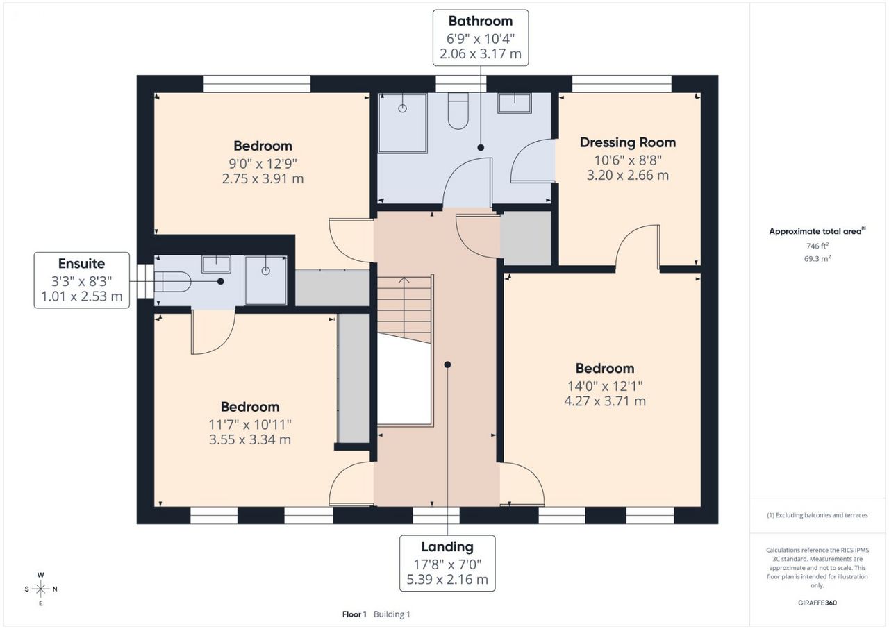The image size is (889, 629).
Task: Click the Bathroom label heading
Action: (x=480, y=21)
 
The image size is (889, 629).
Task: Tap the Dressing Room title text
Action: (x=627, y=142)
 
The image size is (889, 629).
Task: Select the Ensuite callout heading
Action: (x=81, y=263)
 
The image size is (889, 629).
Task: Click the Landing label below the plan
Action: (x=447, y=547)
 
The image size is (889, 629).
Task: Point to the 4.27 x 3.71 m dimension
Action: (x=605, y=401)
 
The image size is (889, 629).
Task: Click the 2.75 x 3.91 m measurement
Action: (x=263, y=178)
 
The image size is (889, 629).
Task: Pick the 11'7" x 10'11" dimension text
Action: (x=250, y=425)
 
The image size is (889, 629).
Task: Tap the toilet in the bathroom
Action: (x=458, y=110)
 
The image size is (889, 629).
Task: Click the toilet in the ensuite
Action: (x=173, y=282)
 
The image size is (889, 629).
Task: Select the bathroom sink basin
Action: (x=515, y=103)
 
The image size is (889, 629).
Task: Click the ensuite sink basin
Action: (x=216, y=264)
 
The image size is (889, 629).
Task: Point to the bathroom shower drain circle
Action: (x=402, y=108)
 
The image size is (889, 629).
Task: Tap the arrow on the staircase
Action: (x=404, y=281)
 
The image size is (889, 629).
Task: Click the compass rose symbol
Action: (x=40, y=589)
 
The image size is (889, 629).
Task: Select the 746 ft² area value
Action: (x=817, y=246)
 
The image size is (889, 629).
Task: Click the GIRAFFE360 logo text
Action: (x=817, y=603)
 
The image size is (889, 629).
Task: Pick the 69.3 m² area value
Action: (x=817, y=258)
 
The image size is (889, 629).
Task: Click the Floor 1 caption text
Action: (x=354, y=614)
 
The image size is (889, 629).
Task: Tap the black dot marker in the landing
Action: (x=447, y=364)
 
